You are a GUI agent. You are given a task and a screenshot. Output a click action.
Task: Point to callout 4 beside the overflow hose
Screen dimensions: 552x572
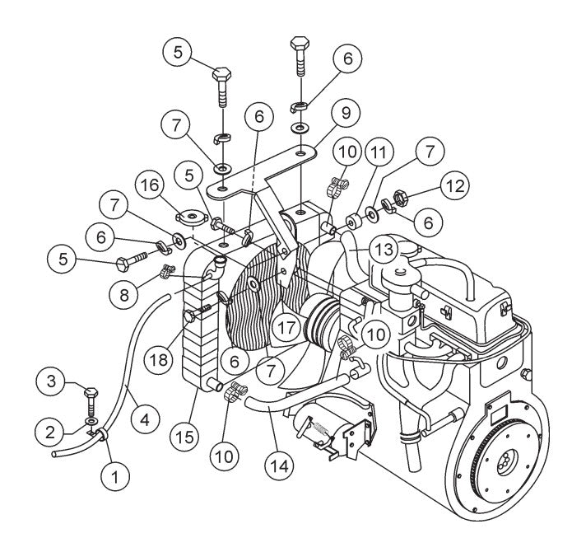tap(144, 418)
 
